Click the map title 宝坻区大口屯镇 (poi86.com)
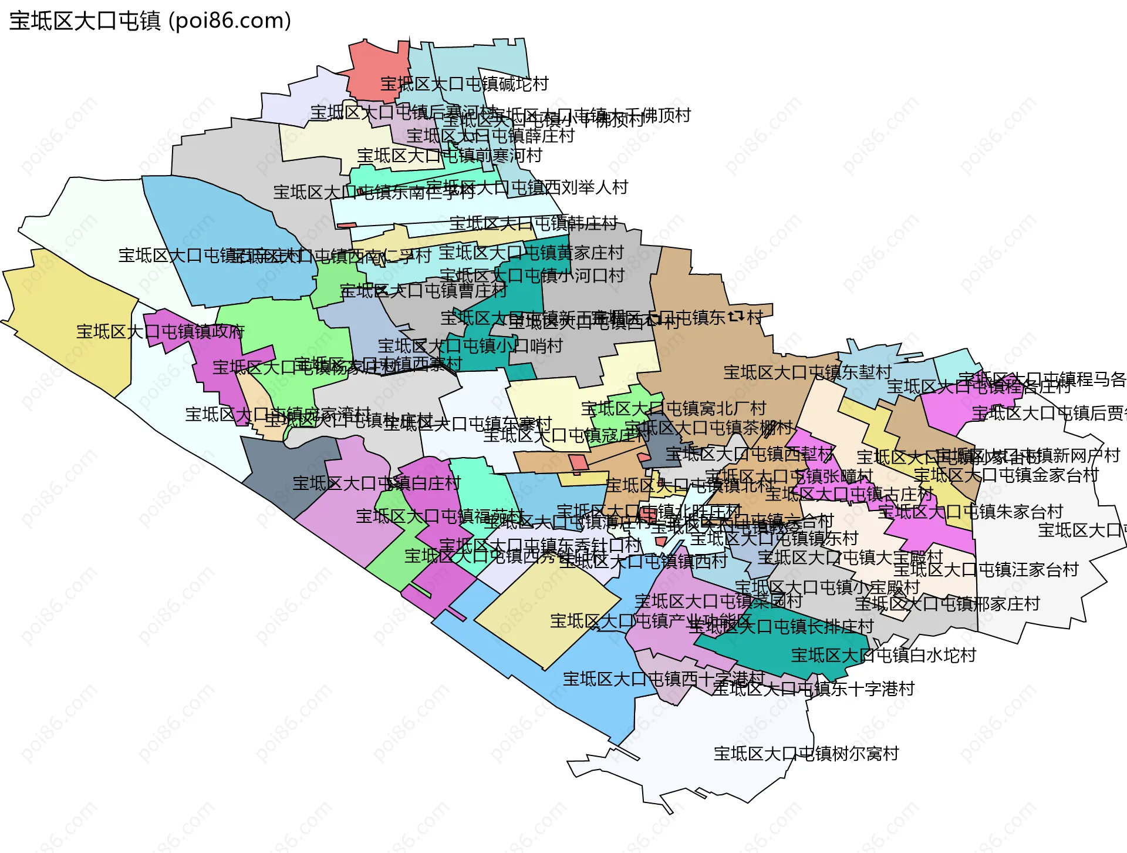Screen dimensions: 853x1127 [x=150, y=21]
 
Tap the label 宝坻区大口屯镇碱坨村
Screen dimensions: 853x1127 [x=464, y=84]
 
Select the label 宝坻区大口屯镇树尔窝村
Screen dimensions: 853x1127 [x=806, y=754]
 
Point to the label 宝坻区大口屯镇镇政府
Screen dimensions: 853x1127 [x=160, y=332]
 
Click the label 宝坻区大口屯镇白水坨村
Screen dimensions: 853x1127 [x=883, y=655]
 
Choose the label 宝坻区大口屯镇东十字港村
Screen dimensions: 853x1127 [x=814, y=689]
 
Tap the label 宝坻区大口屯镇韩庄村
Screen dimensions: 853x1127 [x=534, y=223]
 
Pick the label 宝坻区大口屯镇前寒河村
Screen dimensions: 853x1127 [x=449, y=156]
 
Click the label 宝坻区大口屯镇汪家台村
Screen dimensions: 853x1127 [x=986, y=569]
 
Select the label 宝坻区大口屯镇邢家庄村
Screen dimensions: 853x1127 [x=947, y=604]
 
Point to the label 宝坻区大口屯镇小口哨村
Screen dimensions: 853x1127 [x=470, y=345]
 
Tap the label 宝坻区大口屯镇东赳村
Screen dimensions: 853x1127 [x=807, y=372]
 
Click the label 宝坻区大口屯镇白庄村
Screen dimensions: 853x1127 [x=376, y=483]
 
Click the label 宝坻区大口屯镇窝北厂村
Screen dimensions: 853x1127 [x=673, y=408]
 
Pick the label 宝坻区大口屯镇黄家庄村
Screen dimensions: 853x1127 [x=531, y=253]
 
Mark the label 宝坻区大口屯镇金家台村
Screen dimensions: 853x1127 [x=1006, y=475]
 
